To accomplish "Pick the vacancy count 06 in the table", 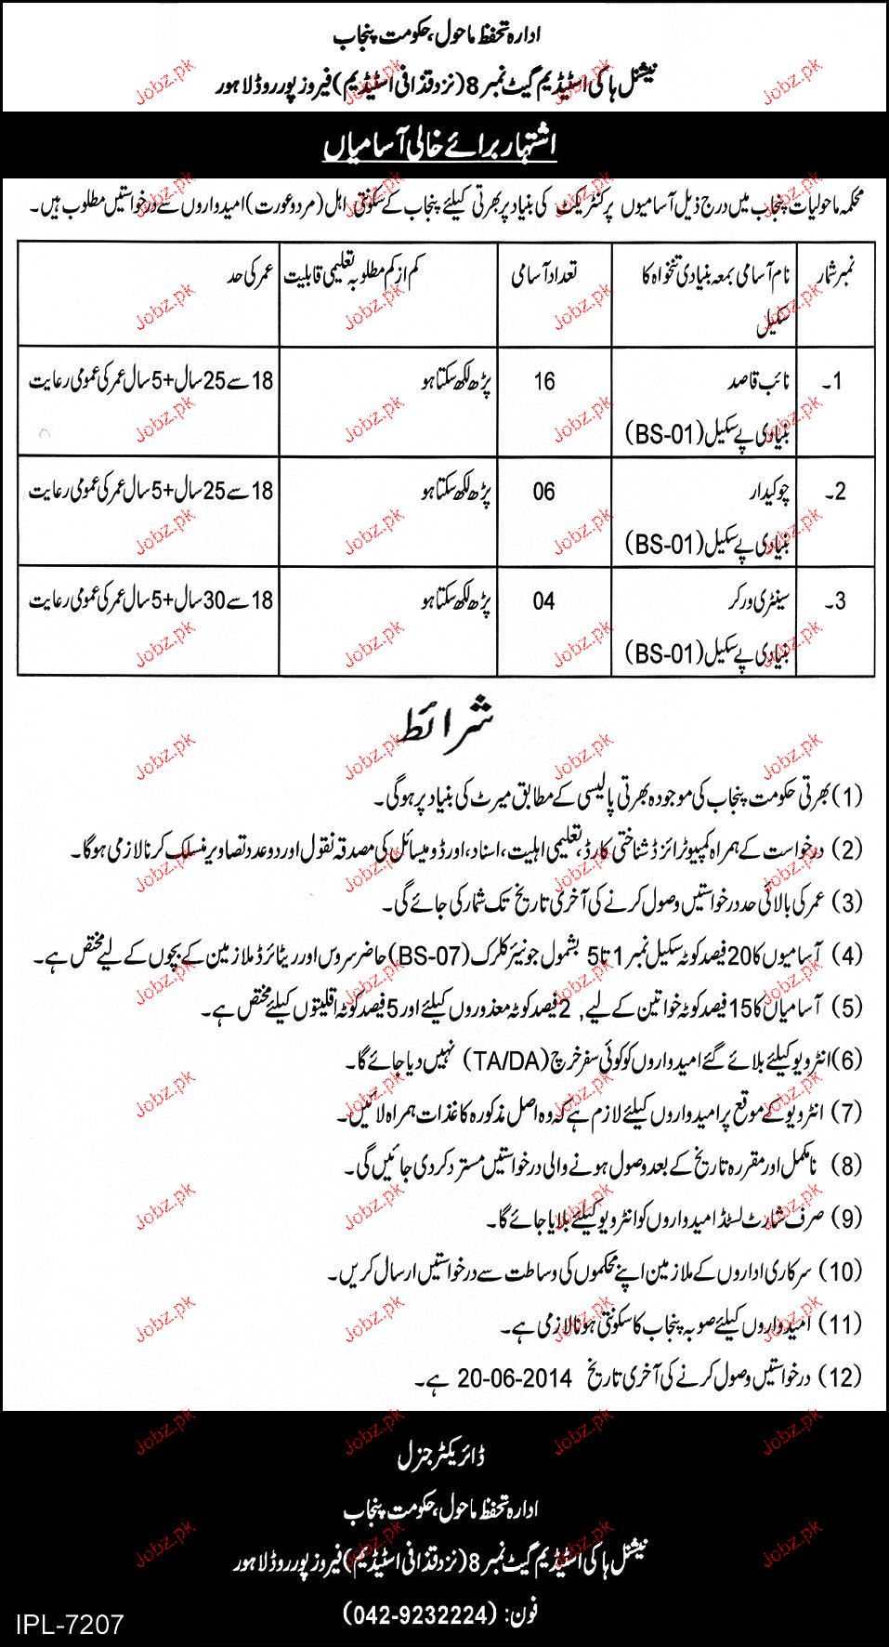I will [543, 491].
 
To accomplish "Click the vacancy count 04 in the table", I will [543, 601].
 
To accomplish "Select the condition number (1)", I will [847, 796].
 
